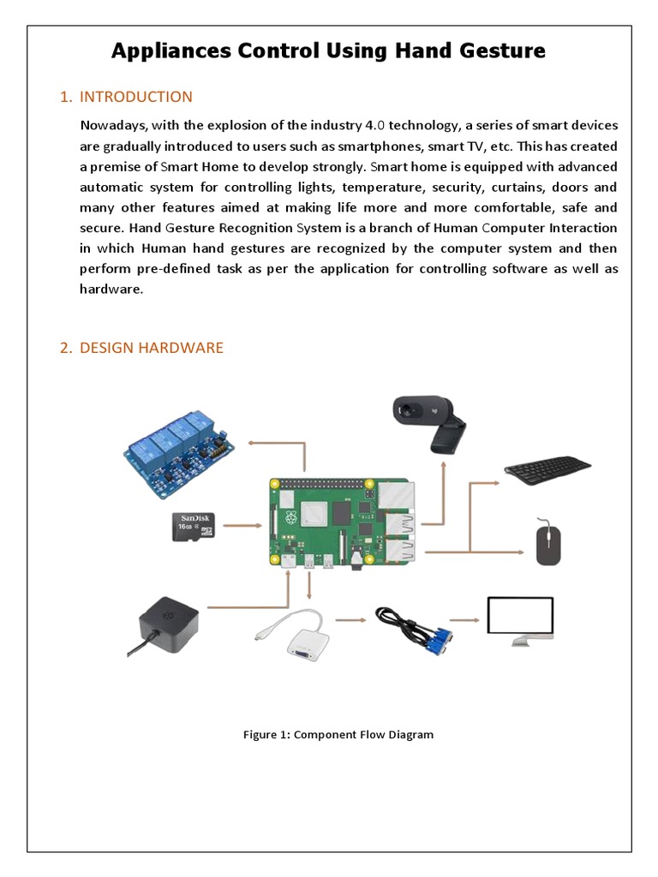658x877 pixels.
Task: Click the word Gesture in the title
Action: (501, 51)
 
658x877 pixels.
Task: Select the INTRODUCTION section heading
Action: (135, 97)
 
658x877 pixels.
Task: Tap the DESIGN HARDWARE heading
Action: (151, 348)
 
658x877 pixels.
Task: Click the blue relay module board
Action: (179, 454)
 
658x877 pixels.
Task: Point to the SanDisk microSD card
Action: (194, 526)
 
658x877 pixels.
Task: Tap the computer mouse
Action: (548, 543)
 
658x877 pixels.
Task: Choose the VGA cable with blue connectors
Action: (415, 631)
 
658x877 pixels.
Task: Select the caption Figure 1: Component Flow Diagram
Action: (338, 734)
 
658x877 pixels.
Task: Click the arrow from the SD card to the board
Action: (242, 524)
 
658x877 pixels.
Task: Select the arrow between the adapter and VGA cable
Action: (350, 618)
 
